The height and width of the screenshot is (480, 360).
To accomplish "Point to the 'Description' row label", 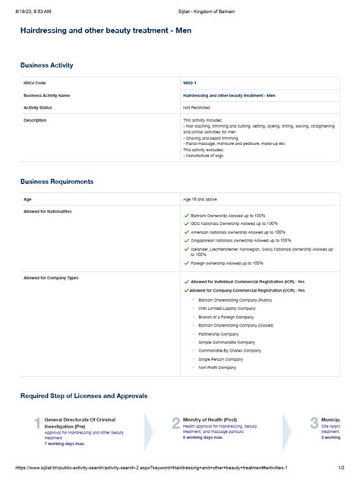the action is tap(35, 120).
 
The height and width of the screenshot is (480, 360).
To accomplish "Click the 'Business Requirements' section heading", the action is tap(57, 182).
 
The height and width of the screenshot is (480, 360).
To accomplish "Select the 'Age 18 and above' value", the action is tap(200, 199).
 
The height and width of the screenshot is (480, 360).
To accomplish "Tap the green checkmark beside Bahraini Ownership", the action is tap(186, 216).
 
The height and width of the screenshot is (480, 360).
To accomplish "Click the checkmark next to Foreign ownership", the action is tap(186, 263).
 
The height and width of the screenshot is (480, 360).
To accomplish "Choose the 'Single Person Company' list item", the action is tap(221, 358).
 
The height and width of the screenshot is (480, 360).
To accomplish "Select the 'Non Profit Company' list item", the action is tap(218, 367).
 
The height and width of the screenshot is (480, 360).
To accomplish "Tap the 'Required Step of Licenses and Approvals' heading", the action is tap(84, 396).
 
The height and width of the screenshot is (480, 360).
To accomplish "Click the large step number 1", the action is tap(37, 423).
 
